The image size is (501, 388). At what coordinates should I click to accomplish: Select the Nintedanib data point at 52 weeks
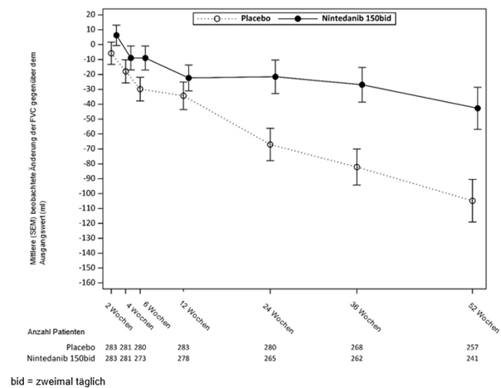coord(478,109)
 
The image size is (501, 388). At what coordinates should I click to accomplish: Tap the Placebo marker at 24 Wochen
coord(270,144)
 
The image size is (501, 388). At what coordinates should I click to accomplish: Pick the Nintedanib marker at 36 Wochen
coord(362,85)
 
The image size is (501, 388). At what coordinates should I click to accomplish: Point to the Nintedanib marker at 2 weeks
coord(117,35)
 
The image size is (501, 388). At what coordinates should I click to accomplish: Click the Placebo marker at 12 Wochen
coord(183,96)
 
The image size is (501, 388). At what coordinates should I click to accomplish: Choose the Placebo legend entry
coord(234,18)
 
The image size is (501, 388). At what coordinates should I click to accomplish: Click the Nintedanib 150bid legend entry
coord(335,18)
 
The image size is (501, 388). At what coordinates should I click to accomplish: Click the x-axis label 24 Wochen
coord(278,318)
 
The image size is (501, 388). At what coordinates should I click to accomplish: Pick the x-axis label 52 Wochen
coord(484,318)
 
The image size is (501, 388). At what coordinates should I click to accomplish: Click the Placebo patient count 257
coord(472,347)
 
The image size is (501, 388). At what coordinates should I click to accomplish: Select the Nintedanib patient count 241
coord(472,358)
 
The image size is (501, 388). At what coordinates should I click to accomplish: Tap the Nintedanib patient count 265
coord(270,358)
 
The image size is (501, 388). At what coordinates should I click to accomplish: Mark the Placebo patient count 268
coord(357,347)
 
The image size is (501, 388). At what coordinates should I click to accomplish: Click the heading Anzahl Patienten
coord(56,332)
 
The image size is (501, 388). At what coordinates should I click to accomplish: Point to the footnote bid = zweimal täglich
coord(58,381)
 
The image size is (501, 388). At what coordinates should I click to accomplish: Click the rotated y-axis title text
coord(38,158)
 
